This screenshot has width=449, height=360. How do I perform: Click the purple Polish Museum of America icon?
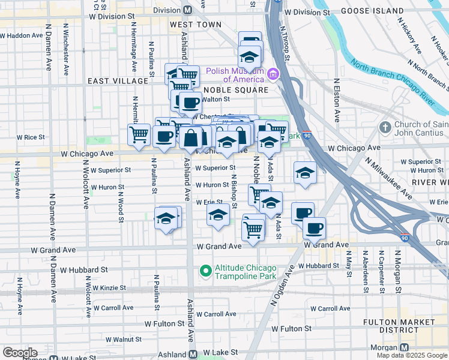(273, 74)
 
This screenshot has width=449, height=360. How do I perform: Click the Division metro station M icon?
(187, 10)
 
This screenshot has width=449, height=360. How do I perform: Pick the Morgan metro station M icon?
(404, 348)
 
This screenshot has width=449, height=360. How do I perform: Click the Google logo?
(20, 353)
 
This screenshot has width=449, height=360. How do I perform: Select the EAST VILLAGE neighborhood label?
(118, 80)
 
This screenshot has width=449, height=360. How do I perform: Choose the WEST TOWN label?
(191, 25)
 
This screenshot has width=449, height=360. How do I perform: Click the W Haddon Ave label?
(22, 35)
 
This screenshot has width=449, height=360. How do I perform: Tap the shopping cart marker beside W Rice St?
(139, 134)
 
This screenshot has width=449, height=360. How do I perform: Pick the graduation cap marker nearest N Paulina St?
(166, 218)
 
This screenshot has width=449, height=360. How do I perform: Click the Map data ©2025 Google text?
(411, 355)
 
